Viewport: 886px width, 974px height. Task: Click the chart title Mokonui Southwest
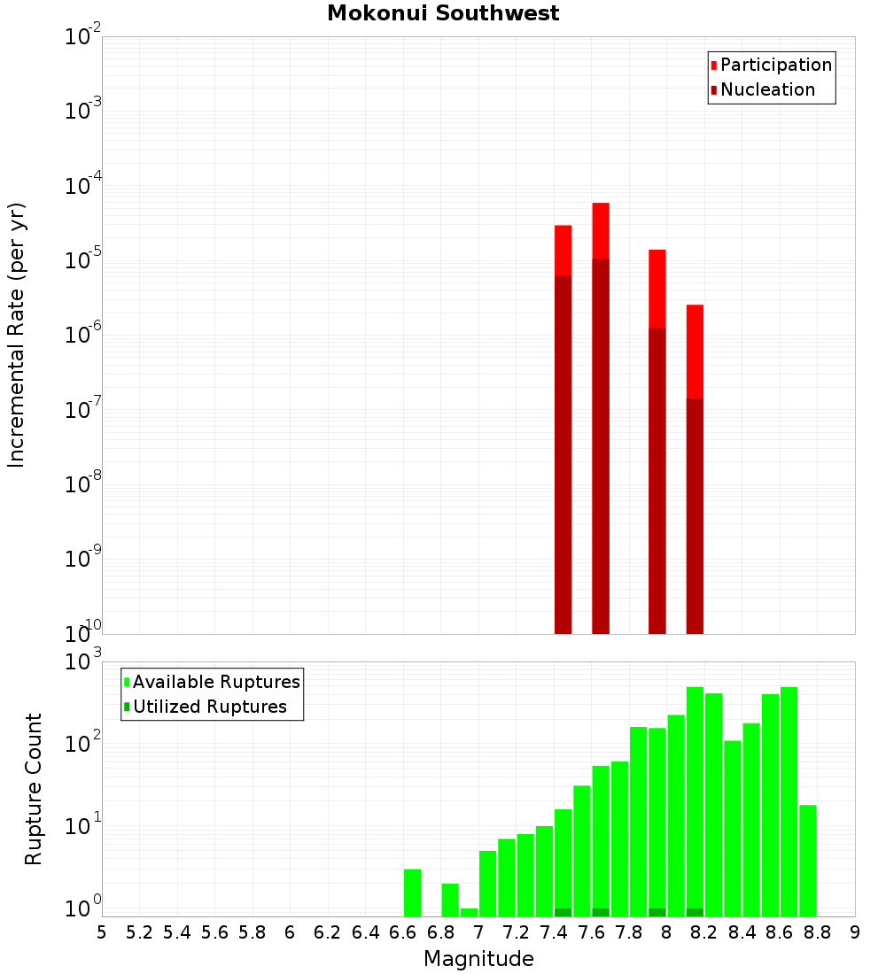(x=443, y=13)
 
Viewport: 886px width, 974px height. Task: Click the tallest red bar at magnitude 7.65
(x=601, y=231)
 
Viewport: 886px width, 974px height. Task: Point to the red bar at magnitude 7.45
(x=563, y=251)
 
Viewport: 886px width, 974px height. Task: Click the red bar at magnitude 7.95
(x=657, y=289)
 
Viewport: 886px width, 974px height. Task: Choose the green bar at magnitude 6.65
(x=412, y=893)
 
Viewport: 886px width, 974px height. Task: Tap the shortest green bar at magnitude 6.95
(x=469, y=912)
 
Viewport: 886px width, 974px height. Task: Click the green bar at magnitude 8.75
(x=807, y=861)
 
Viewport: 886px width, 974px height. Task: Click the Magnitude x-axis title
(x=478, y=959)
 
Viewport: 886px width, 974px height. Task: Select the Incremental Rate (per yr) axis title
(x=17, y=335)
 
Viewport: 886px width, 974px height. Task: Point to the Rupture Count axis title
(x=34, y=789)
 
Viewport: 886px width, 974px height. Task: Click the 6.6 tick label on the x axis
(x=402, y=932)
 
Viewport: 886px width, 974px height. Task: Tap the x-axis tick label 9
(x=855, y=932)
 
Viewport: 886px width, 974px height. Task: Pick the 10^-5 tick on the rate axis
(x=83, y=260)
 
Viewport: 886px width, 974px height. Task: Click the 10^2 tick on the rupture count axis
(x=83, y=745)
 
